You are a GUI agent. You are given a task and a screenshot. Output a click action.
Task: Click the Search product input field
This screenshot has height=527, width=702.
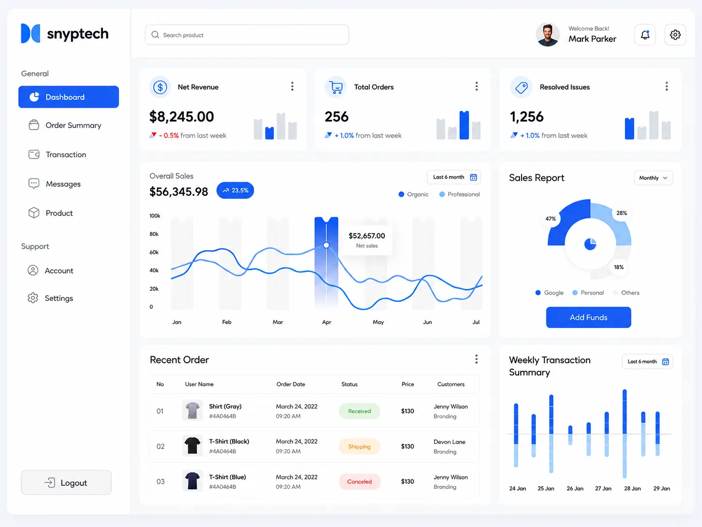247,34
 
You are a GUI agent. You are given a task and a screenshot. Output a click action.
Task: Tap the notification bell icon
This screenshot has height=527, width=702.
645,34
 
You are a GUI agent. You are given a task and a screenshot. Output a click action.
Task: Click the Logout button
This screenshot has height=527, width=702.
66,482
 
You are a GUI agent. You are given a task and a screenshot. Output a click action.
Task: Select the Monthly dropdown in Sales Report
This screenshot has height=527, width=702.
653,178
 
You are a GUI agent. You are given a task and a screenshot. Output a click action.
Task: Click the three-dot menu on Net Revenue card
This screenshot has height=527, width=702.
292,86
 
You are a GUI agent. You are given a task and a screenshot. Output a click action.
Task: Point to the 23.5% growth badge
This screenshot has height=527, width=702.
235,190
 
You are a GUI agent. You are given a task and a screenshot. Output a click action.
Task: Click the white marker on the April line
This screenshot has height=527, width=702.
326,245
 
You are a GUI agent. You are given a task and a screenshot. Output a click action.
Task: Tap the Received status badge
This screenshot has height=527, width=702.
359,411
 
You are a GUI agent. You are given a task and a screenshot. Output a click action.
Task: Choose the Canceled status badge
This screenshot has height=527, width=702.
359,481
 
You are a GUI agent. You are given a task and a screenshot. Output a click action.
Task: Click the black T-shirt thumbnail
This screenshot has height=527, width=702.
192,445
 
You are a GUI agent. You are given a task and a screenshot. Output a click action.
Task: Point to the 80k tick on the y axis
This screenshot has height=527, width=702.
154,234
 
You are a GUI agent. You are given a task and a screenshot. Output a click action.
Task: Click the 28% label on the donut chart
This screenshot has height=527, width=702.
622,213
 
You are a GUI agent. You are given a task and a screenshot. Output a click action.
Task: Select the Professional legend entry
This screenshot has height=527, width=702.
460,194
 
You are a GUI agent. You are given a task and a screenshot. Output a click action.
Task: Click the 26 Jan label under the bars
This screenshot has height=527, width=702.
574,488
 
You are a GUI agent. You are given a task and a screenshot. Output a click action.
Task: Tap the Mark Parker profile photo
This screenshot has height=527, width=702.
547,34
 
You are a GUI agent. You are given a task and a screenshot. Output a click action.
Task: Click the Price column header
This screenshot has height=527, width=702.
407,384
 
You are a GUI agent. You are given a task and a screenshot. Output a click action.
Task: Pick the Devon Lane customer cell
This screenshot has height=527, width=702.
449,446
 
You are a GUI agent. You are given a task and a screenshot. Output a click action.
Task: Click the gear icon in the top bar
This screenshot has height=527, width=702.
675,34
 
